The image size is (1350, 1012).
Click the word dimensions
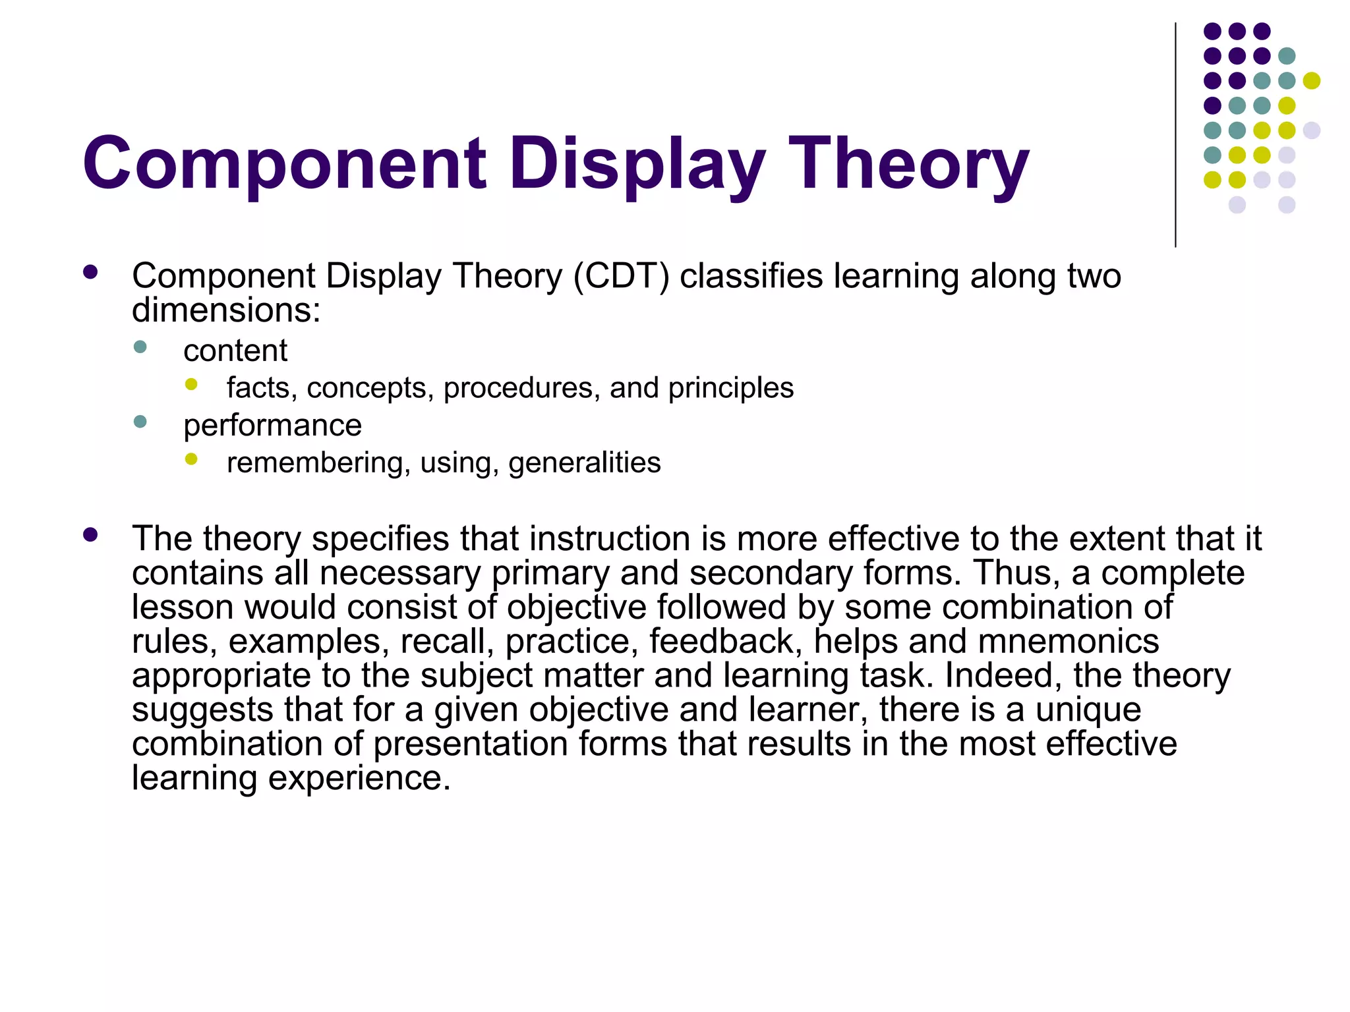tap(225, 310)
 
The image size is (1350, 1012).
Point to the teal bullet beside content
tap(140, 347)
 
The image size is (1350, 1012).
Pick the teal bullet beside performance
tap(140, 422)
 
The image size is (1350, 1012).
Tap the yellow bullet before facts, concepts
tap(191, 385)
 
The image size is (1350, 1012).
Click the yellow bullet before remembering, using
tap(191, 459)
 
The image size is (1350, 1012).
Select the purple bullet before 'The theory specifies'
tap(90, 535)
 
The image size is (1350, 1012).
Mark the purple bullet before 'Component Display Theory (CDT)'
tap(90, 272)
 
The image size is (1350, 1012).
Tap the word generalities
tap(584, 463)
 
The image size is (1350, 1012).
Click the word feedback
tap(726, 641)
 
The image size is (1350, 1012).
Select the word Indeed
tap(1003, 675)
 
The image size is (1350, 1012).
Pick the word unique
tap(1088, 710)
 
